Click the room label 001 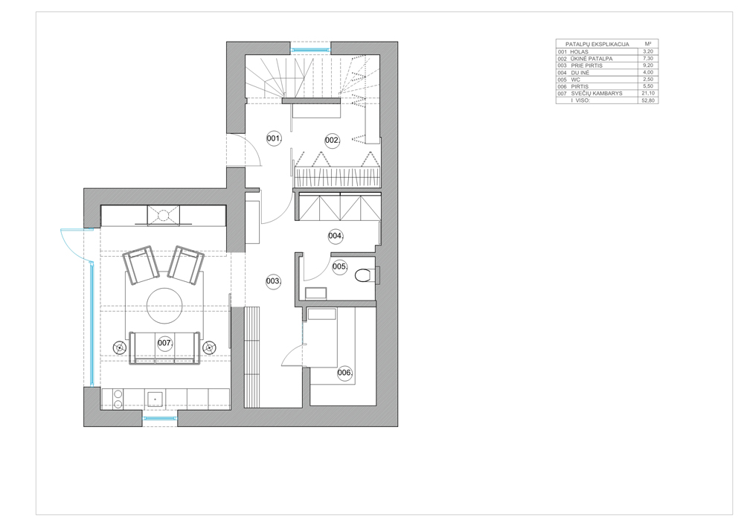(274, 138)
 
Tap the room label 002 (332, 141)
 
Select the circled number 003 (273, 281)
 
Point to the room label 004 (336, 236)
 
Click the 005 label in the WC (340, 266)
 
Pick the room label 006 (345, 373)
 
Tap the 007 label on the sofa (164, 343)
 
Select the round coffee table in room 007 (164, 306)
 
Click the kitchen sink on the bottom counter (155, 400)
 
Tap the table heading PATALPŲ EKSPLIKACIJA (597, 44)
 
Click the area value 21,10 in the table (648, 94)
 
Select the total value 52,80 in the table (648, 100)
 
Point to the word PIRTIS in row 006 (580, 87)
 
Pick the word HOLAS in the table (579, 51)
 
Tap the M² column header (648, 44)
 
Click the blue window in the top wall (310, 49)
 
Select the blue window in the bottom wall (160, 418)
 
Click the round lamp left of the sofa (120, 347)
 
